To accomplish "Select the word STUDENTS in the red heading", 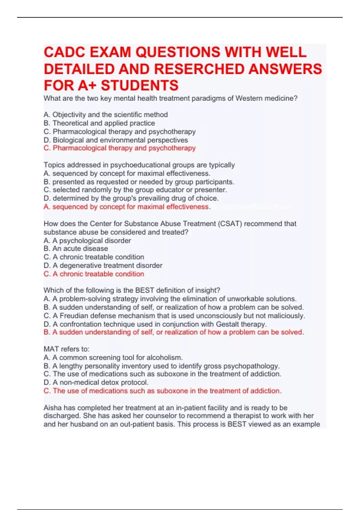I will coord(139,85).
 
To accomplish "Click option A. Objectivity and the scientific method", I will coord(106,115).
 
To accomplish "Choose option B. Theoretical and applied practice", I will coord(99,123).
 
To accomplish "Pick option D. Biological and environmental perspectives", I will coord(116,140).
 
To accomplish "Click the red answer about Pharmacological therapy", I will coord(119,148).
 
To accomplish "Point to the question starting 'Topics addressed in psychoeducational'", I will coord(139,165).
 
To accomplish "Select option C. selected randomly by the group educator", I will coord(135,190).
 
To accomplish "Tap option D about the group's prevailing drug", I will coord(131,198).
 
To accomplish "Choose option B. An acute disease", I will coord(76,248).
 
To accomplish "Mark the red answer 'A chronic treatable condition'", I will coord(94,274).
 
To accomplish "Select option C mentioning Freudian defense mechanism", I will coord(174,316).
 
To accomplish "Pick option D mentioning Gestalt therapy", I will coord(155,324).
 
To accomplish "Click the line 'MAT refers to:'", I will coord(66,349).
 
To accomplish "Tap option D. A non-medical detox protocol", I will coord(96,382).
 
